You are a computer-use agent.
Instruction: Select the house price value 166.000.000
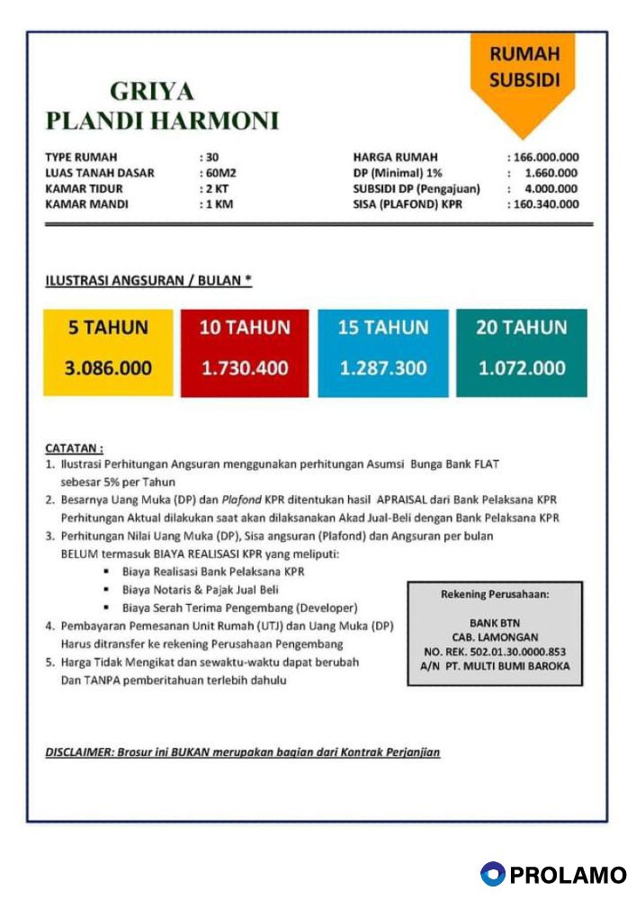546,157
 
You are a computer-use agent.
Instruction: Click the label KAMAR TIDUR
84,189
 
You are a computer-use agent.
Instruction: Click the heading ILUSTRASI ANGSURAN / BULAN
148,282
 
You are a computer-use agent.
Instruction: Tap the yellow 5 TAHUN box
108,352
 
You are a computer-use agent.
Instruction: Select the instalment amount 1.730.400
245,368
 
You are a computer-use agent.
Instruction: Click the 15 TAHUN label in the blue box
383,328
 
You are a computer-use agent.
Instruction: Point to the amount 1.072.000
522,368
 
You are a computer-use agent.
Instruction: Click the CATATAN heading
74,447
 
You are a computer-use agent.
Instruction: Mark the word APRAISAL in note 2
390,499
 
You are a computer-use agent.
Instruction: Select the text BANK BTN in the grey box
495,622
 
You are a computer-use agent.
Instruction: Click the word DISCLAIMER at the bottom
78,751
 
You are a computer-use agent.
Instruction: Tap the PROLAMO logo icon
492,874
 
